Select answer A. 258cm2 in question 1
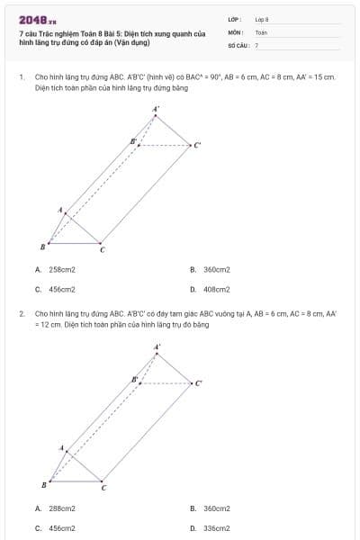[56, 269]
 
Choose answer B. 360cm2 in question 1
[211, 269]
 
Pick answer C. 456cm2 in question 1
[56, 290]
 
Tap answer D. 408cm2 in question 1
[211, 290]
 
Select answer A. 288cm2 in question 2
[56, 508]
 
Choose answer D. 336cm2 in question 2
[211, 528]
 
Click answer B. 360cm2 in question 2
[211, 508]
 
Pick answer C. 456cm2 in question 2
[56, 528]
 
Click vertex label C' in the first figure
[198, 144]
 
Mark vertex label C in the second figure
[103, 488]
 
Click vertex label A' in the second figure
[157, 346]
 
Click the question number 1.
[21, 77]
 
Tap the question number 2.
[21, 314]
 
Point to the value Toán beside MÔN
[261, 31]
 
